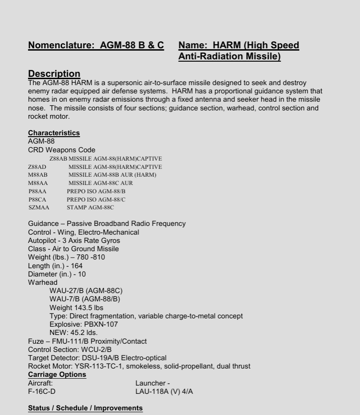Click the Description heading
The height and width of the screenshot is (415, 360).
point(54,74)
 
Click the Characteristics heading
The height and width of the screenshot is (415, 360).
point(54,133)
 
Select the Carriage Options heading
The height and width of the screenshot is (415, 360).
point(57,375)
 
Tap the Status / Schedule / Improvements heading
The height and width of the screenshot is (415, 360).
point(85,408)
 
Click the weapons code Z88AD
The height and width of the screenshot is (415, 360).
point(37,167)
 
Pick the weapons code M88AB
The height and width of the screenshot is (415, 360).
point(38,175)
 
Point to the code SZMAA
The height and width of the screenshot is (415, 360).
point(39,207)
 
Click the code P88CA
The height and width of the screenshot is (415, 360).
point(38,199)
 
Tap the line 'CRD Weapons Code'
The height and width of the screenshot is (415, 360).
point(62,150)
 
